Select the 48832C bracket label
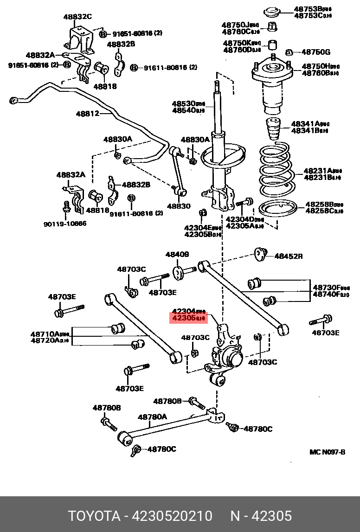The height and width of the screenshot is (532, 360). pyautogui.click(x=77, y=17)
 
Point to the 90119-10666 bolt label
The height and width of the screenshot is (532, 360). pyautogui.click(x=65, y=224)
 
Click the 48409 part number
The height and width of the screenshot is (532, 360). pyautogui.click(x=177, y=254)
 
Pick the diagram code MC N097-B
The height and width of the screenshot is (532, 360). pyautogui.click(x=327, y=452)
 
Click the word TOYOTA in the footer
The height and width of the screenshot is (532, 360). pyautogui.click(x=95, y=516)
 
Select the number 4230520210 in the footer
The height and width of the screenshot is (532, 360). pyautogui.click(x=173, y=516)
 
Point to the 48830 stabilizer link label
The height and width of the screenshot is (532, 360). pyautogui.click(x=179, y=205)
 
